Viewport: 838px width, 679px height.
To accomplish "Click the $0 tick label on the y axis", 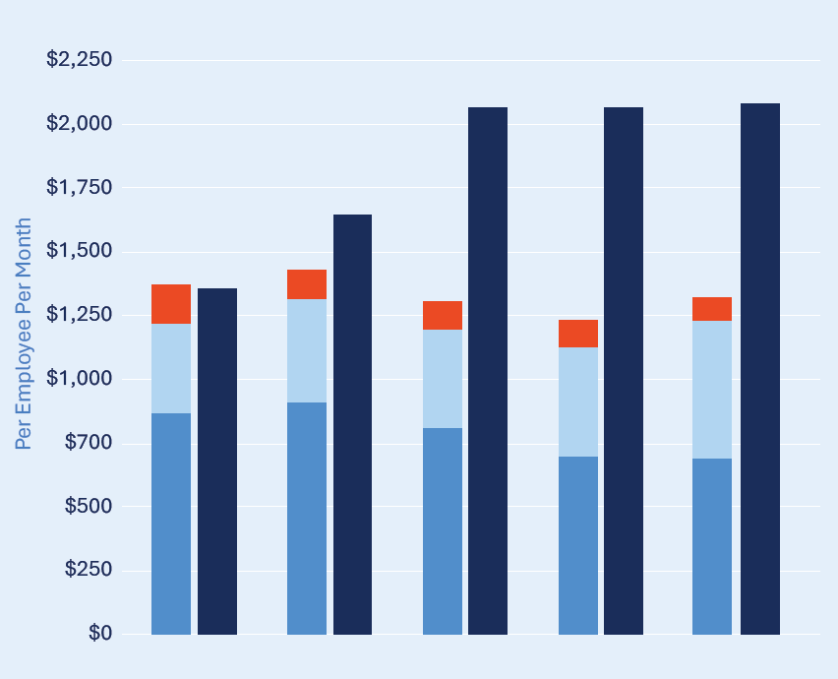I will tap(99, 634).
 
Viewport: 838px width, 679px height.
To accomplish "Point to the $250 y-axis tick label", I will tap(87, 570).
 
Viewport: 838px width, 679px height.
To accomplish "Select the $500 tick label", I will tap(87, 506).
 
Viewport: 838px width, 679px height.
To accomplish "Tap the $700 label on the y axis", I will tap(87, 443).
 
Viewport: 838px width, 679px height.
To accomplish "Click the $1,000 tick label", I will tap(80, 379).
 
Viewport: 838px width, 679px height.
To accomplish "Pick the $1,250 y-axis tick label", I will tap(80, 315).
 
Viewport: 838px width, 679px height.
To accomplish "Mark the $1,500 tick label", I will tap(80, 251).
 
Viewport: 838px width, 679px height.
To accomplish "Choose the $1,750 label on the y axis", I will tap(80, 187).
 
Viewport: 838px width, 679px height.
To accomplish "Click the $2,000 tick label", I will tap(80, 124).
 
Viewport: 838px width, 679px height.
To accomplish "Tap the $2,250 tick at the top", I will tap(80, 60).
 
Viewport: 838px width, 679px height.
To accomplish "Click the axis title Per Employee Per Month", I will tap(24, 334).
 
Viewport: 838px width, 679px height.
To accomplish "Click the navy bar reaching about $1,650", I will tap(352, 424).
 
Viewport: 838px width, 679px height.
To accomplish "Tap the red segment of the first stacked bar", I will tap(171, 304).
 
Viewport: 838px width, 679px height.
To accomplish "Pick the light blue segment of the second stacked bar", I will tap(307, 350).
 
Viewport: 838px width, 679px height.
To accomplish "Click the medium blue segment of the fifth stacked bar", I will tap(712, 546).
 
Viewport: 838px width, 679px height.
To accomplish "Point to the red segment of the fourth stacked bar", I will tap(578, 334).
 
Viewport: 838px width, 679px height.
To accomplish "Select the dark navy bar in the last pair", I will tap(760, 369).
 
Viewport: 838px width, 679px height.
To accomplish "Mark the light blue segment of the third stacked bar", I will tap(443, 379).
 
